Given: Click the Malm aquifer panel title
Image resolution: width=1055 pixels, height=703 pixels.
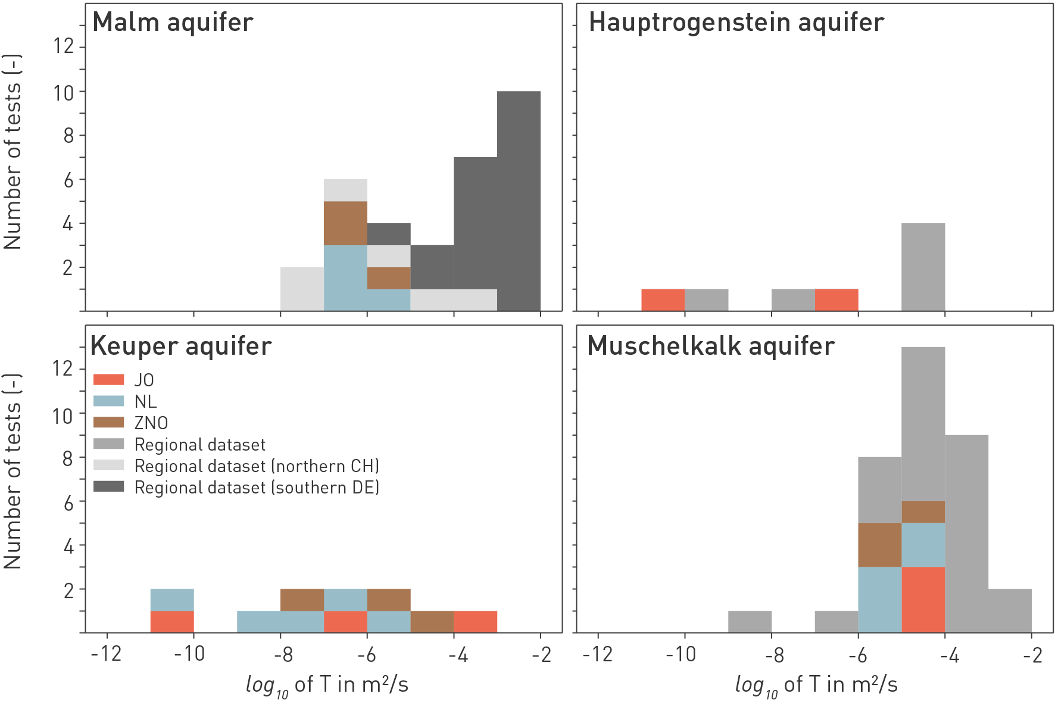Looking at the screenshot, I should coord(173,23).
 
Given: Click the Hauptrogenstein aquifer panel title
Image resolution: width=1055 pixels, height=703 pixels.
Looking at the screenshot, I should coord(736,23).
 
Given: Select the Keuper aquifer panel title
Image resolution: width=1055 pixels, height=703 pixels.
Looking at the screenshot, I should coord(181,346).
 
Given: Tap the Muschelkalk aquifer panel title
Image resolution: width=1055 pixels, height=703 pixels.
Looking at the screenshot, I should coord(711,346).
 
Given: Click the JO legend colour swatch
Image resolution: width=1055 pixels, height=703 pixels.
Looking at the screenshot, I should coord(108,380).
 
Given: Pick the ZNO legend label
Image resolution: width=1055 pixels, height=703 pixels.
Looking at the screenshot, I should coord(151,423).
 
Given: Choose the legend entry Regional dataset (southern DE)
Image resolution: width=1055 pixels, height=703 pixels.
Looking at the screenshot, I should coord(257,488).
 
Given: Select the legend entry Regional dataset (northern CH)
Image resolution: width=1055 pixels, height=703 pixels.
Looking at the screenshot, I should coord(257,466).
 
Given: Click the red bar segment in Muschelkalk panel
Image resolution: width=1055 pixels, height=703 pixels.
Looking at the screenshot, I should coord(923,599).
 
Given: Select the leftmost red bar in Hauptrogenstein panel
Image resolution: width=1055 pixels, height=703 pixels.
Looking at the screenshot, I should coord(663,300).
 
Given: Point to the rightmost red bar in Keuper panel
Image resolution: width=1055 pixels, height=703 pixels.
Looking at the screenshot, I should coord(475,621).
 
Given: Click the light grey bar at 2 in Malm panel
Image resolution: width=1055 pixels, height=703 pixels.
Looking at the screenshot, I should coord(302,289).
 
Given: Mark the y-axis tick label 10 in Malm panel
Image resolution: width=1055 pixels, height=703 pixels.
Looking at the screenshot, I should coord(64,93).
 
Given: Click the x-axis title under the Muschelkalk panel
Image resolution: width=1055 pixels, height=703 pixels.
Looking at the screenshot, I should coord(816,685).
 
